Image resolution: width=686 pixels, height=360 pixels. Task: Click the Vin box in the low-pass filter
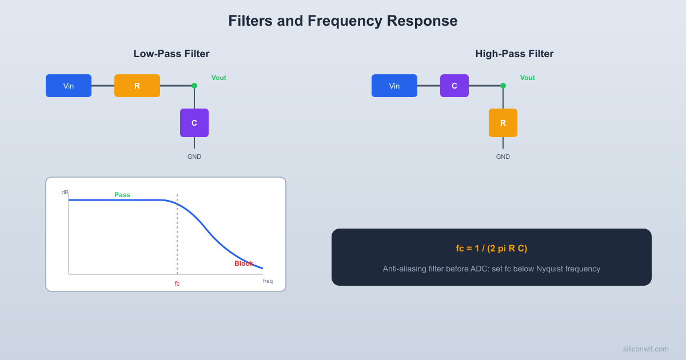click(x=69, y=86)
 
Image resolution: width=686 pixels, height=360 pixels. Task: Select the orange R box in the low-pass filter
click(x=137, y=86)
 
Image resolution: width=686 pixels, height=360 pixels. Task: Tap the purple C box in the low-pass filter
click(x=194, y=123)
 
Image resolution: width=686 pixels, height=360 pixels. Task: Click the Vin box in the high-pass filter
click(x=394, y=86)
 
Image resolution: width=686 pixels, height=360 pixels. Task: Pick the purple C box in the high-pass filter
click(x=454, y=86)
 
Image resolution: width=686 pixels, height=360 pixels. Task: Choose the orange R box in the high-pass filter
click(x=503, y=123)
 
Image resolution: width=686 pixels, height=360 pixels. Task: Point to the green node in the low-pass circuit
click(x=194, y=86)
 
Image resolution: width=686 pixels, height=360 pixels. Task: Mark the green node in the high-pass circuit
click(x=503, y=86)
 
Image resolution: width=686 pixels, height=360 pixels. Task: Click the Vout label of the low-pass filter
click(x=219, y=78)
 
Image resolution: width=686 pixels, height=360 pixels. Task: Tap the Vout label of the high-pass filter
click(x=528, y=78)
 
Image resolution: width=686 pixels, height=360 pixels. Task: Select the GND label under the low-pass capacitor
click(x=194, y=157)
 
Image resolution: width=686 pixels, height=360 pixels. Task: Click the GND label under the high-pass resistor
click(x=503, y=157)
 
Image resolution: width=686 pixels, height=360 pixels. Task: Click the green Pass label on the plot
click(x=122, y=195)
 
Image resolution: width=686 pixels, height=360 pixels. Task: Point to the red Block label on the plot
click(x=244, y=263)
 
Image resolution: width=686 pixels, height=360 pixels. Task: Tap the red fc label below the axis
click(x=177, y=283)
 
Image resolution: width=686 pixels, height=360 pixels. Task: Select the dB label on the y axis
click(x=65, y=193)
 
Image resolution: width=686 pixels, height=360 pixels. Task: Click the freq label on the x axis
click(x=268, y=281)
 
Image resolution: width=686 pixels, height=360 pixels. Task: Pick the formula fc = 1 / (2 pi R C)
click(x=492, y=249)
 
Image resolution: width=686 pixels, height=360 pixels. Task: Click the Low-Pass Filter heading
click(x=171, y=54)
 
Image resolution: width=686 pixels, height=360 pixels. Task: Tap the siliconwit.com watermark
click(x=645, y=349)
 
